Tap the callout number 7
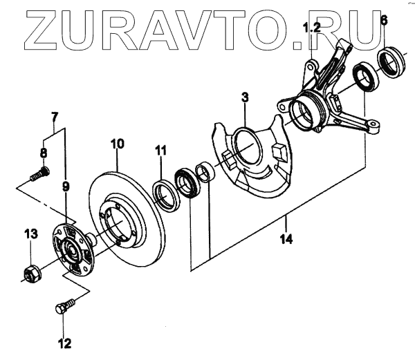pos(54,116)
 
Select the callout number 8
pos(44,153)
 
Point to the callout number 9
pos(66,187)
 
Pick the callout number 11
pos(160,150)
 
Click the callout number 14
pos(286,239)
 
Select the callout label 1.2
pos(313,28)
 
